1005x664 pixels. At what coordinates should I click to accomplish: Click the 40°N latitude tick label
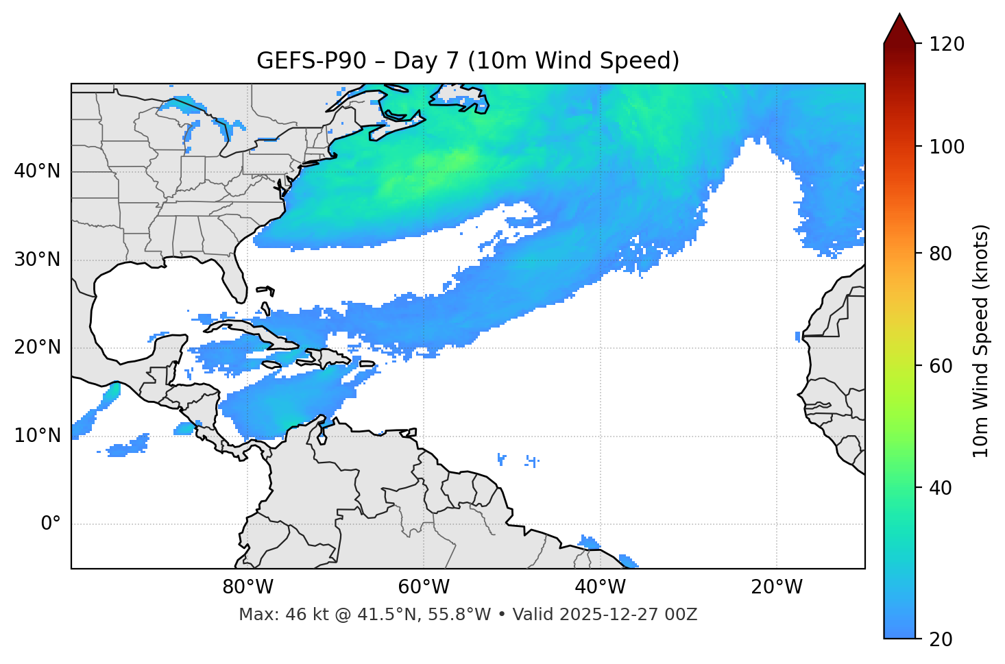pyautogui.click(x=37, y=171)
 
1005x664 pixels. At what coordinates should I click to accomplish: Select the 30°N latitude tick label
pyautogui.click(x=37, y=260)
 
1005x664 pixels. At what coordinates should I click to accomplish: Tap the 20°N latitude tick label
pyautogui.click(x=37, y=347)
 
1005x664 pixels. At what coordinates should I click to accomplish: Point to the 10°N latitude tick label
pyautogui.click(x=37, y=436)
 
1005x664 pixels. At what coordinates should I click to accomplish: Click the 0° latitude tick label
pyautogui.click(x=51, y=524)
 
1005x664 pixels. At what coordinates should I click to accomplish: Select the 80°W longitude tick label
pyautogui.click(x=247, y=587)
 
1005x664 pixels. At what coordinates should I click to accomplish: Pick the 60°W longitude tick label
pyautogui.click(x=424, y=587)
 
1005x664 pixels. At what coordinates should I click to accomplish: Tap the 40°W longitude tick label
pyautogui.click(x=601, y=587)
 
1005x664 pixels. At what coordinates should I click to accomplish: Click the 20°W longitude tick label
pyautogui.click(x=777, y=587)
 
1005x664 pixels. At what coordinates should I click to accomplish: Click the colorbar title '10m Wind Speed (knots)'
pyautogui.click(x=981, y=341)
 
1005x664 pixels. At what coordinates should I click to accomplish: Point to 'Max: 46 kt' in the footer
pyautogui.click(x=274, y=615)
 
